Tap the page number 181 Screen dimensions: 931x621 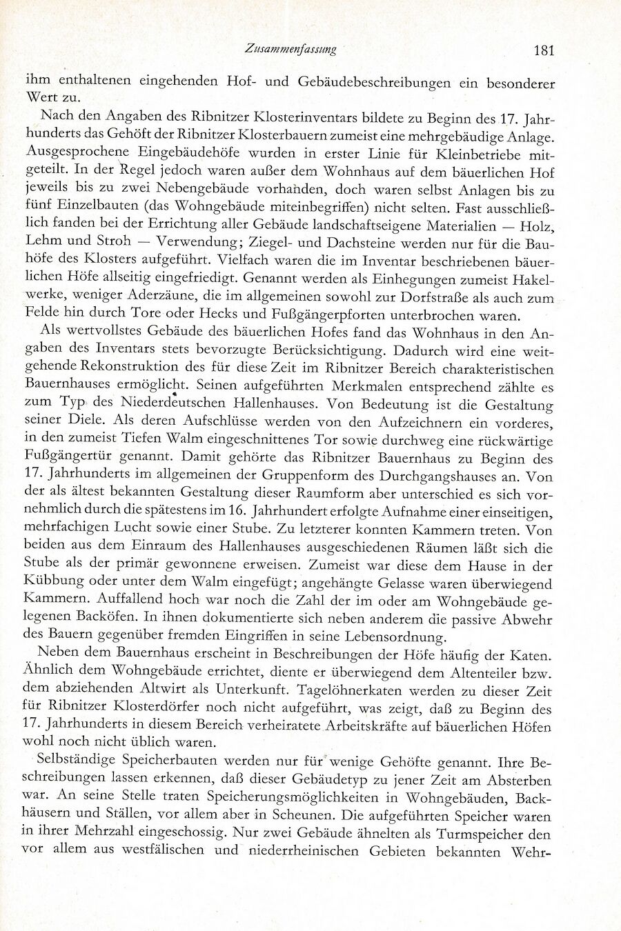tap(544, 50)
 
